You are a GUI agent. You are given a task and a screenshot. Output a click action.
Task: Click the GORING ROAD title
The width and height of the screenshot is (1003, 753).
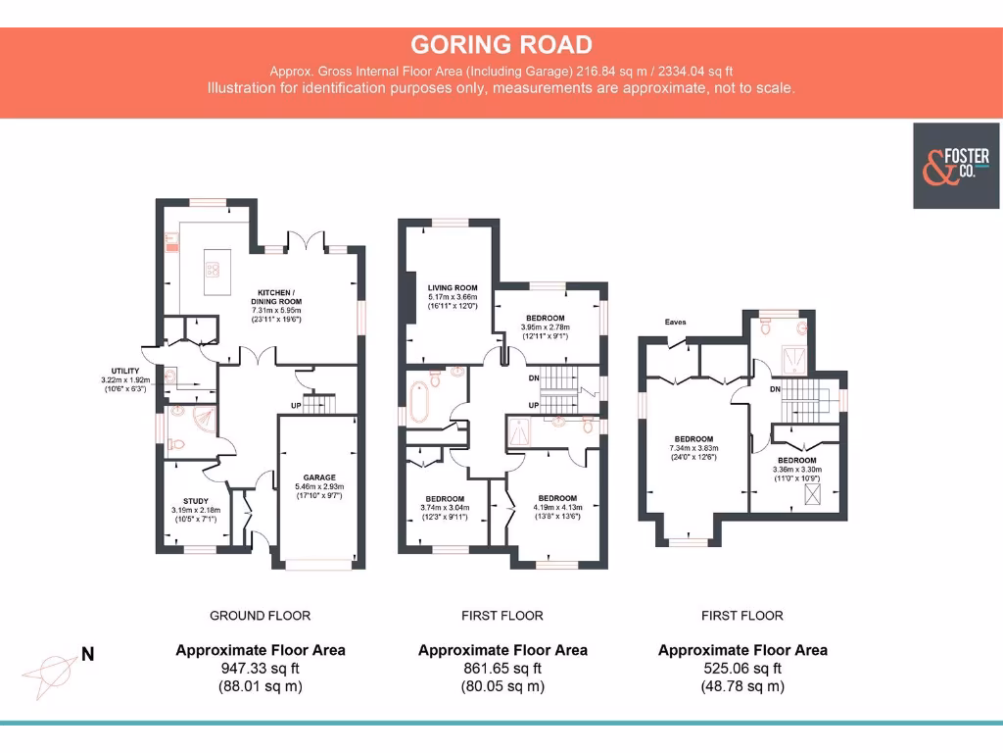(501, 44)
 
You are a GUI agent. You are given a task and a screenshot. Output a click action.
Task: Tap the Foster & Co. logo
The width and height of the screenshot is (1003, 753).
(957, 166)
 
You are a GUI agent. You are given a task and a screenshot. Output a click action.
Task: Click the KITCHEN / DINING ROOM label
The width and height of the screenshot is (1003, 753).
(279, 297)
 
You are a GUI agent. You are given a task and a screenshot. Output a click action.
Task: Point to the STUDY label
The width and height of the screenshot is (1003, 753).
(196, 500)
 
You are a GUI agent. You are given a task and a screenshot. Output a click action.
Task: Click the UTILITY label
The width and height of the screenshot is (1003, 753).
(125, 371)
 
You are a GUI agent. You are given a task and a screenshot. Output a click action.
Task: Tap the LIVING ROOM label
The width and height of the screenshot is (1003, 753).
(452, 287)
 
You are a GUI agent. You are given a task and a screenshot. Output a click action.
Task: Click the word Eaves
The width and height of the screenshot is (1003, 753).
(674, 322)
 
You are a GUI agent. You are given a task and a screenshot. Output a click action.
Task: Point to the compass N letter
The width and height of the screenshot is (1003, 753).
(87, 654)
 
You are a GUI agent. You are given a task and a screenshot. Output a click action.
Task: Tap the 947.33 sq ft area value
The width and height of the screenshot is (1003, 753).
(260, 669)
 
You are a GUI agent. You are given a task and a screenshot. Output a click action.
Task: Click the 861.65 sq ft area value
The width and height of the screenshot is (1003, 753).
(502, 669)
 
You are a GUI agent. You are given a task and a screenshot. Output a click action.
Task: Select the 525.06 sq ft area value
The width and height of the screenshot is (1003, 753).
(742, 669)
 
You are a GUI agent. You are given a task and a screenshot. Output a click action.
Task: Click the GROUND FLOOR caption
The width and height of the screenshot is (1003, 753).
(260, 616)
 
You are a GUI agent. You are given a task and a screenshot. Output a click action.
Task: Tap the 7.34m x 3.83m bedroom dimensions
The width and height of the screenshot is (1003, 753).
(693, 449)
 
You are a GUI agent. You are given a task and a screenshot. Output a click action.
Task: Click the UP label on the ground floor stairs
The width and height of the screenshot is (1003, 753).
(297, 405)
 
